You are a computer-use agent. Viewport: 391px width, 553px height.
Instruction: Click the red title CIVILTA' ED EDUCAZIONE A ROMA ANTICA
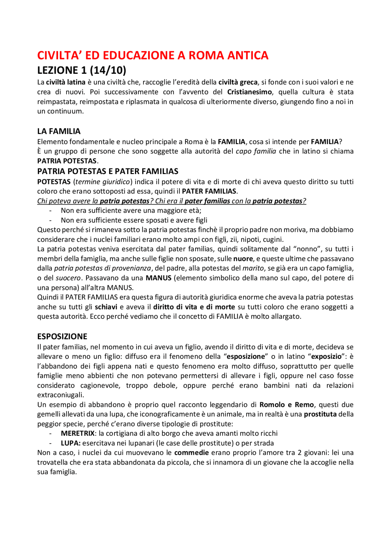pos(153,55)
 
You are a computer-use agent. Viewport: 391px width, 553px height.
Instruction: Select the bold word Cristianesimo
pos(249,92)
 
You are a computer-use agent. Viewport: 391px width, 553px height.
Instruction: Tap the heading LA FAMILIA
pos(59,131)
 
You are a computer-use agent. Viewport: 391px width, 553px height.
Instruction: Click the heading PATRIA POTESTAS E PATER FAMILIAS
pos(108,171)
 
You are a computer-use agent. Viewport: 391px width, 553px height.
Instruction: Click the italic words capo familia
pos(256,151)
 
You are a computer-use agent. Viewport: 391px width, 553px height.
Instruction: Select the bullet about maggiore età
pos(131,210)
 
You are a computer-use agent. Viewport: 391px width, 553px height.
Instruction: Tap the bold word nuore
pos(243,259)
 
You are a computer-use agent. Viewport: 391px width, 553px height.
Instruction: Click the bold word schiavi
pos(106,307)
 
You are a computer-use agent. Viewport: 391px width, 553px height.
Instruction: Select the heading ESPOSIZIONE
pos(62,337)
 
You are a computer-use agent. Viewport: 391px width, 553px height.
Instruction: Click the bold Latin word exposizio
pos(326,356)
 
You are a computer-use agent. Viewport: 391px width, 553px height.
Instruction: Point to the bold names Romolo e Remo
pos(287,405)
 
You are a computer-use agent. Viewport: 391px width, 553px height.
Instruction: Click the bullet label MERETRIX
pos(78,433)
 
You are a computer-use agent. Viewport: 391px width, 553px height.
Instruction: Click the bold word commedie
pos(192,453)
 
